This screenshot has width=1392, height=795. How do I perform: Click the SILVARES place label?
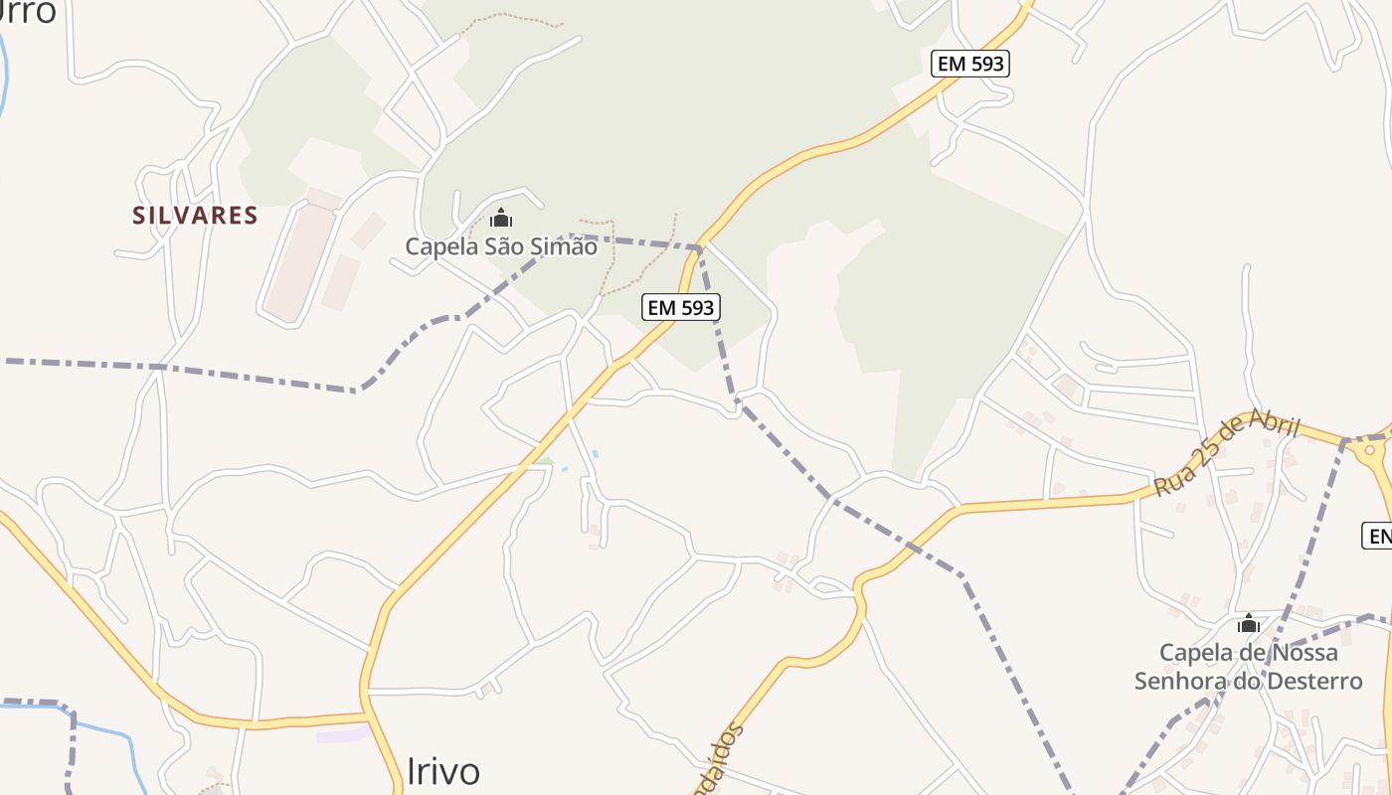(x=196, y=215)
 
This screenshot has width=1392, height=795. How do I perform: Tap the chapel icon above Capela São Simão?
(x=501, y=218)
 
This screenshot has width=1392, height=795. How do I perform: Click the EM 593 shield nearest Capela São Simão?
(x=681, y=307)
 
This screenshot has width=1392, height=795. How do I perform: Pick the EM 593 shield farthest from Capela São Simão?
(x=970, y=65)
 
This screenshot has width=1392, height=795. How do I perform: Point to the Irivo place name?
(x=443, y=771)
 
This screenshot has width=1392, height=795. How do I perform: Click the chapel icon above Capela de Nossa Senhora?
(x=1248, y=624)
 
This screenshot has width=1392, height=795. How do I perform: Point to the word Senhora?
(x=1182, y=682)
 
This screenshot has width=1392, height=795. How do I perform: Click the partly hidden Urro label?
(x=28, y=12)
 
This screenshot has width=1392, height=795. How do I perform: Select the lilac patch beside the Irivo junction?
(x=342, y=735)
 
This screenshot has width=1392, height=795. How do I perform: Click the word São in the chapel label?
(x=499, y=246)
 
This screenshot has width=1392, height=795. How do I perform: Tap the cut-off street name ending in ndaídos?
(x=718, y=760)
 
